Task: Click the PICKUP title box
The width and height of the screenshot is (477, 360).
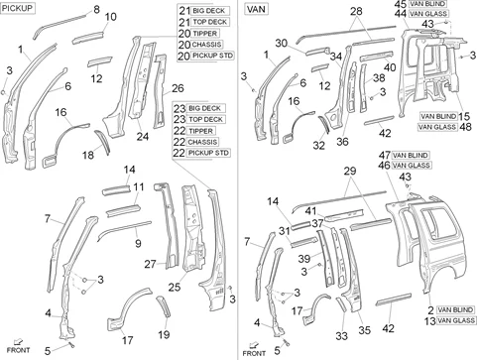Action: (x=17, y=8)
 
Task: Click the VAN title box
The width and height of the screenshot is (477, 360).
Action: (x=256, y=9)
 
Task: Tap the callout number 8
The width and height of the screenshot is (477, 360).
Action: (x=96, y=9)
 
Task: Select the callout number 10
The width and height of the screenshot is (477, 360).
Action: (x=111, y=17)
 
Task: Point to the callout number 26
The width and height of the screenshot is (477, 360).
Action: (x=178, y=88)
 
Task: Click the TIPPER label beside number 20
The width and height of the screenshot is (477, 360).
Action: (x=204, y=34)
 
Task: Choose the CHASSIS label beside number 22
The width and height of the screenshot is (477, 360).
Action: (x=202, y=142)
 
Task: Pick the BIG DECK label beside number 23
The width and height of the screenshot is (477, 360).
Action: (x=204, y=108)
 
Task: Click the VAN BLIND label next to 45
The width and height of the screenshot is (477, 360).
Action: (x=427, y=4)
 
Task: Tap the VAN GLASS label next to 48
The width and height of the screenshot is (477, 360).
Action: (x=437, y=127)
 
